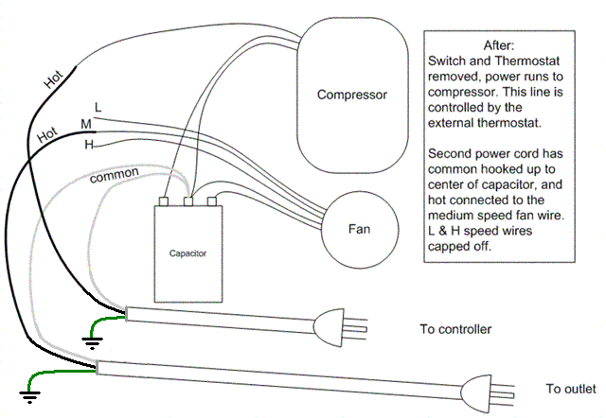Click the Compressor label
click(x=352, y=95)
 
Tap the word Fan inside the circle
click(x=359, y=230)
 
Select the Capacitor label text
click(x=187, y=253)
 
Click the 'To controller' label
click(x=455, y=329)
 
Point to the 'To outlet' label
click(x=571, y=389)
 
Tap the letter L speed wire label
click(x=98, y=107)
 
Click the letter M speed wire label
click(x=86, y=124)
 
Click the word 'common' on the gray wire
click(x=116, y=175)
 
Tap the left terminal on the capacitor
click(x=165, y=200)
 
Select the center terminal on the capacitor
click(x=187, y=200)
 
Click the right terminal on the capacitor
click(x=212, y=200)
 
